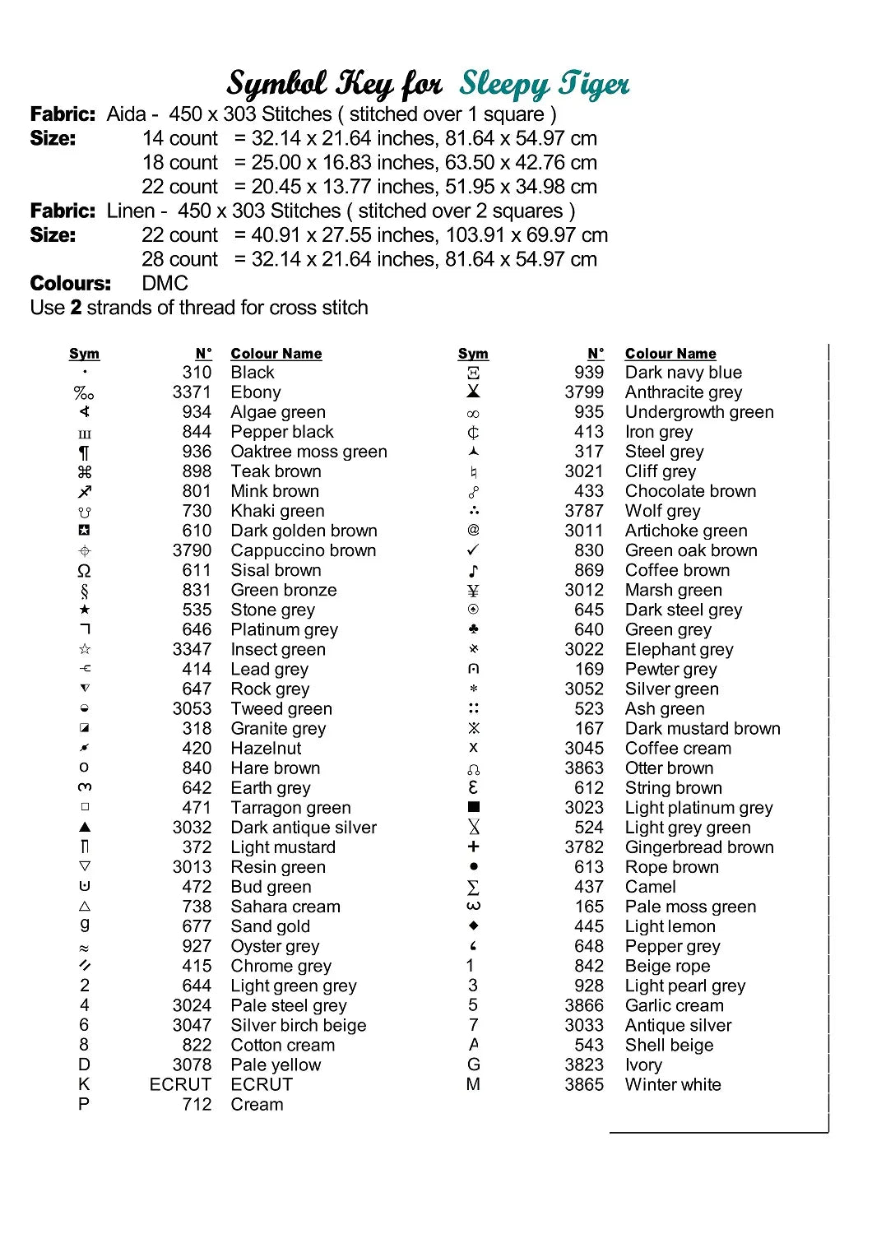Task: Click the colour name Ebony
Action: pyautogui.click(x=256, y=392)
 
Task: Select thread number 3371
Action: pyautogui.click(x=192, y=392)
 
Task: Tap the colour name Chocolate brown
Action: pyautogui.click(x=690, y=491)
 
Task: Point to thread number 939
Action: pyautogui.click(x=589, y=373)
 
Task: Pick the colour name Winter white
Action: pyautogui.click(x=673, y=1084)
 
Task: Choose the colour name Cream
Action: pyautogui.click(x=257, y=1104)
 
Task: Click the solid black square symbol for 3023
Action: pyautogui.click(x=473, y=807)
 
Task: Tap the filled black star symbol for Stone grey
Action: pyautogui.click(x=85, y=610)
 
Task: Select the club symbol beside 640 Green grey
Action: pyautogui.click(x=473, y=629)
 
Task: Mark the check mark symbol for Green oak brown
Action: pyautogui.click(x=473, y=550)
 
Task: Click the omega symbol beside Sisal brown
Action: pyautogui.click(x=84, y=571)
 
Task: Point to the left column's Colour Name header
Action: pyautogui.click(x=276, y=354)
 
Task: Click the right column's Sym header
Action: pyautogui.click(x=473, y=354)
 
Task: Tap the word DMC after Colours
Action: pyautogui.click(x=165, y=284)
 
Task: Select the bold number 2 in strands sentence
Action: pyautogui.click(x=76, y=308)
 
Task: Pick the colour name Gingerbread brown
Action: pyautogui.click(x=699, y=847)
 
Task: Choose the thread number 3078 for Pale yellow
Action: pyautogui.click(x=192, y=1065)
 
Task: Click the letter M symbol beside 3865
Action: pyautogui.click(x=473, y=1084)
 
